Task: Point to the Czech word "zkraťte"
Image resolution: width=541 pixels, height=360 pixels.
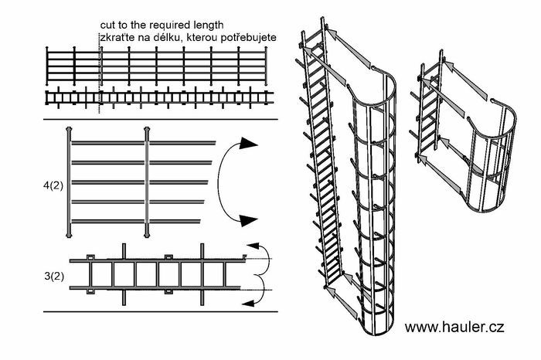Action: click(x=117, y=37)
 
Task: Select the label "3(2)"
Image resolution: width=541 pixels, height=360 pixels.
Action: click(x=55, y=275)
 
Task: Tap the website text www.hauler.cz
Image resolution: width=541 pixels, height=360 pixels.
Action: click(x=455, y=327)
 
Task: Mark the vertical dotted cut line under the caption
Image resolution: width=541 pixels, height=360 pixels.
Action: click(x=99, y=77)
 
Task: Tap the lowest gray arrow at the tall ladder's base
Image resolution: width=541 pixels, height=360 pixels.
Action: click(x=332, y=291)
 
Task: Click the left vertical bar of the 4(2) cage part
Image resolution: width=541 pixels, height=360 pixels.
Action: click(x=70, y=182)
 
